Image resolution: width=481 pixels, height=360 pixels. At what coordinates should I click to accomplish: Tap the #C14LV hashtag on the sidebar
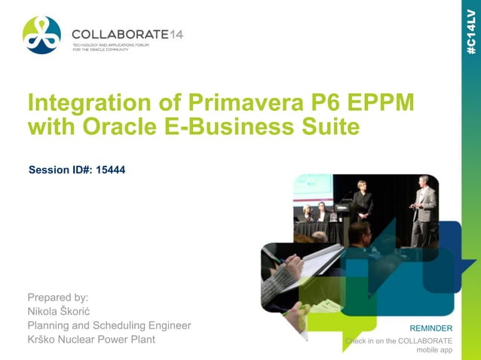[x=470, y=29]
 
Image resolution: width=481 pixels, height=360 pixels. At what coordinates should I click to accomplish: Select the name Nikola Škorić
[x=63, y=311]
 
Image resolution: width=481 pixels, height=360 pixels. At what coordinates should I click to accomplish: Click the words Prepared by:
[x=58, y=297]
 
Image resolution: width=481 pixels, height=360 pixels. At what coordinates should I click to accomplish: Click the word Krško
[x=44, y=340]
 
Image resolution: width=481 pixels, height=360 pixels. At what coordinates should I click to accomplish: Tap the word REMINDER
[x=430, y=328]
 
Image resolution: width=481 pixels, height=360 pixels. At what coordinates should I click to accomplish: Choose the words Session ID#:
[x=57, y=170]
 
